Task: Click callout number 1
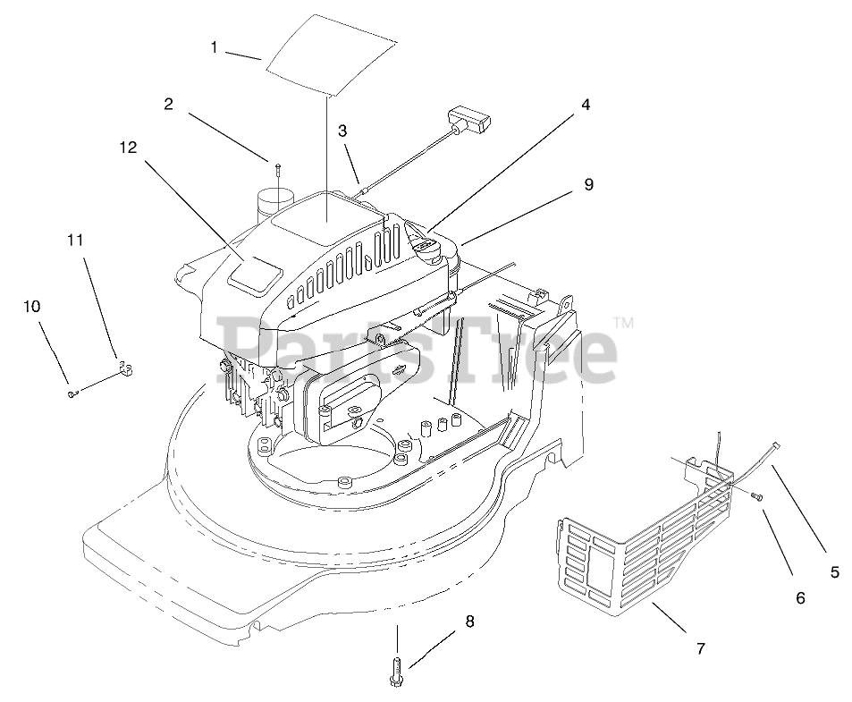pyautogui.click(x=214, y=47)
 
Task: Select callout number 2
pyautogui.click(x=168, y=104)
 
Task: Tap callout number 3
pyautogui.click(x=342, y=131)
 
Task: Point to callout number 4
pyautogui.click(x=585, y=105)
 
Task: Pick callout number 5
pyautogui.click(x=834, y=573)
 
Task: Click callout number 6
pyautogui.click(x=800, y=597)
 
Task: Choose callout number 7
pyautogui.click(x=701, y=648)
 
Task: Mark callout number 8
pyautogui.click(x=469, y=621)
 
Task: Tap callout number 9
pyautogui.click(x=587, y=185)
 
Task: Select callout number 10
pyautogui.click(x=31, y=306)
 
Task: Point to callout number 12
pyautogui.click(x=128, y=148)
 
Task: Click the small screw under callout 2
pyautogui.click(x=278, y=168)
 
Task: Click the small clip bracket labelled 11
pyautogui.click(x=124, y=368)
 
